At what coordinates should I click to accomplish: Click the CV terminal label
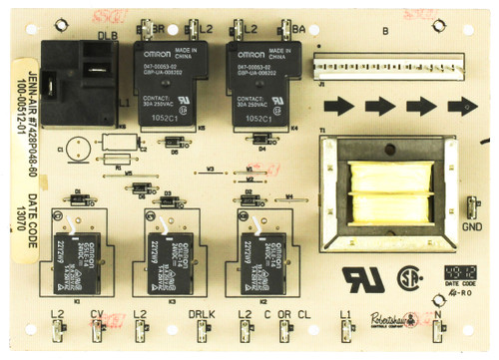tap(96, 315)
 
